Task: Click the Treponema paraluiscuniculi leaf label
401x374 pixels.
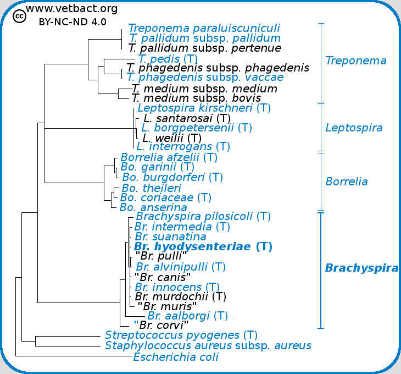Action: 204,28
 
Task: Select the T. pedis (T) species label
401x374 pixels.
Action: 168,58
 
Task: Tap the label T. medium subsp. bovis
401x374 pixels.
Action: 196,98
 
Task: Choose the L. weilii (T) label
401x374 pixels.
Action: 172,137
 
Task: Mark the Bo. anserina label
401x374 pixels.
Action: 153,207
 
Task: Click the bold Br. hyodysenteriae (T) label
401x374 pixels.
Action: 203,246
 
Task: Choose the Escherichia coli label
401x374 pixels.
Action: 176,357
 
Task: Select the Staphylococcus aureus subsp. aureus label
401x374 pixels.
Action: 208,346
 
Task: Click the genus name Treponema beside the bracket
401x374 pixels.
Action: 355,61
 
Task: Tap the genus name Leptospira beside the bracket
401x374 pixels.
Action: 354,128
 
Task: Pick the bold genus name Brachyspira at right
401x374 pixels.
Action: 361,268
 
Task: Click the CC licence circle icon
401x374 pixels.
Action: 19,17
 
